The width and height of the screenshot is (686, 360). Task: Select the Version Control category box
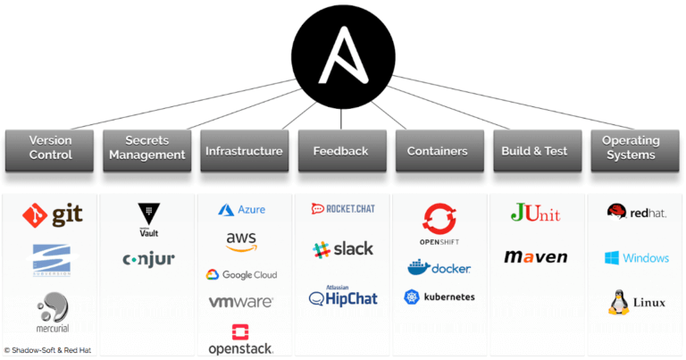pyautogui.click(x=50, y=148)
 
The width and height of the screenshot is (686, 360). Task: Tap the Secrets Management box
pyautogui.click(x=146, y=148)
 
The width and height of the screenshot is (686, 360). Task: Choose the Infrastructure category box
pyautogui.click(x=244, y=151)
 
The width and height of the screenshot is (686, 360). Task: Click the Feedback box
pyautogui.click(x=340, y=151)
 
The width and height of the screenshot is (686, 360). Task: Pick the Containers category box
pyautogui.click(x=438, y=151)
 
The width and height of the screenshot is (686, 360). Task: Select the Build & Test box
pyautogui.click(x=537, y=151)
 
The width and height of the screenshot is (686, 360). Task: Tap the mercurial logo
pyautogui.click(x=52, y=314)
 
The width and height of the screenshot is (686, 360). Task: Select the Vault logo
pyautogui.click(x=148, y=219)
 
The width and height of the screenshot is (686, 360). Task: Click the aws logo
pyautogui.click(x=242, y=242)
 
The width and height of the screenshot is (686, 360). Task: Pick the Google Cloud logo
pyautogui.click(x=241, y=275)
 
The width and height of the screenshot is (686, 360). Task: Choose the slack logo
pyautogui.click(x=343, y=249)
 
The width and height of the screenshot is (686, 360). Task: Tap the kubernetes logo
pyautogui.click(x=439, y=297)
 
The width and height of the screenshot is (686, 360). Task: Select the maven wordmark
pyautogui.click(x=536, y=257)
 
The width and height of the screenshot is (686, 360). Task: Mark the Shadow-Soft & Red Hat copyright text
pyautogui.click(x=48, y=350)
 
